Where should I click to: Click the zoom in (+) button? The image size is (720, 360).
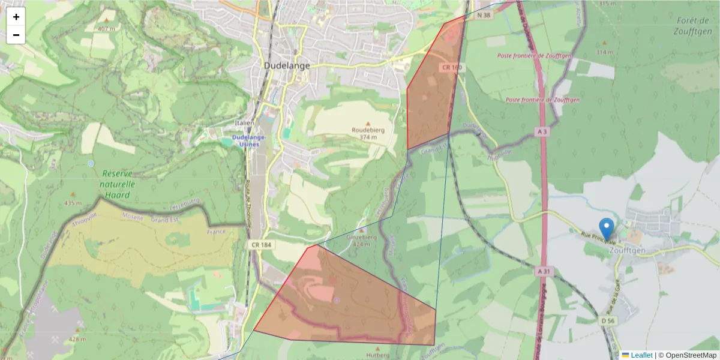(x=16, y=17)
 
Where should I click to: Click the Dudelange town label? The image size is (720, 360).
(x=287, y=65)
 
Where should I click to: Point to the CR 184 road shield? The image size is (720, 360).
(x=259, y=245)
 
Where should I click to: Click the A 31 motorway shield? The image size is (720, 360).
(x=544, y=272)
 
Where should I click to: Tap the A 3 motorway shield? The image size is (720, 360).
(x=542, y=131)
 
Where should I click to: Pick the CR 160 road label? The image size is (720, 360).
(x=452, y=68)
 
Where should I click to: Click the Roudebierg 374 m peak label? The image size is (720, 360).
(x=368, y=133)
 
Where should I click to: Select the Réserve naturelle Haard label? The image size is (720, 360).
(x=117, y=178)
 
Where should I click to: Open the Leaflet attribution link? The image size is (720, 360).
(x=641, y=355)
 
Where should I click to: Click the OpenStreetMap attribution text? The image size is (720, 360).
(x=691, y=355)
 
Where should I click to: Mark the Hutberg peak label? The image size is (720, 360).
(x=378, y=355)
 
